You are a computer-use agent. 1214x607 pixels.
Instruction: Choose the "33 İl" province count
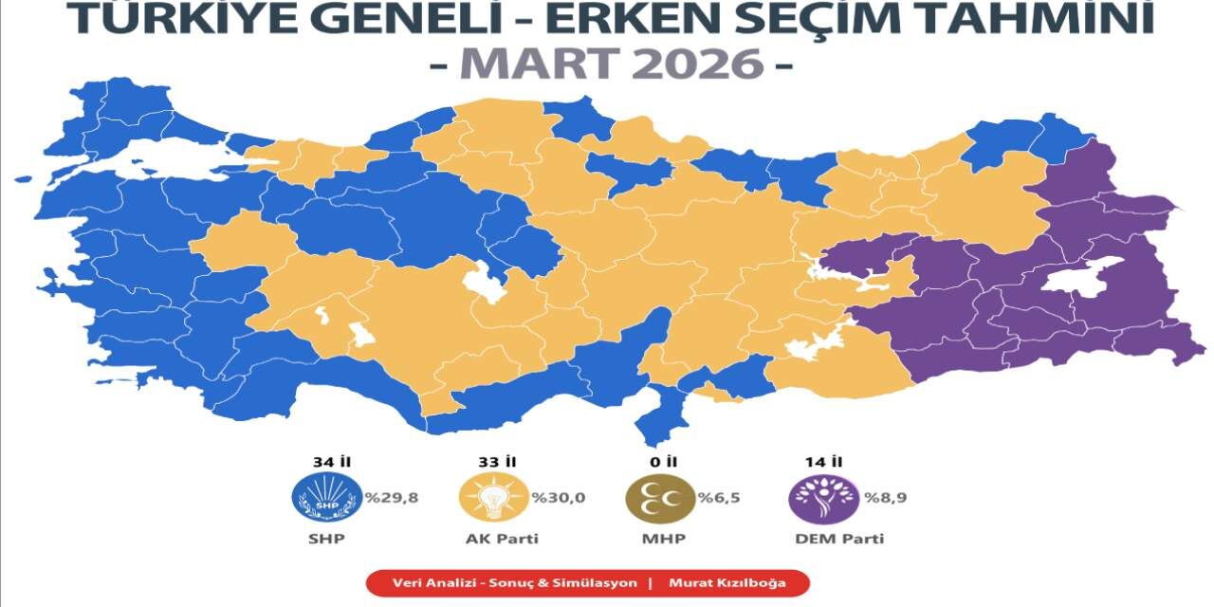[496, 462]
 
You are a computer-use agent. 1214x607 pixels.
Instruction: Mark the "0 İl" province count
[664, 462]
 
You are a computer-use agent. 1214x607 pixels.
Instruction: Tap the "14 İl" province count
[824, 462]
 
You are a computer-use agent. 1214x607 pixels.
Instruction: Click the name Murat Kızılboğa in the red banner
[727, 582]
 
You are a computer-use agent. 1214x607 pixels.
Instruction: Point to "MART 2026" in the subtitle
[611, 64]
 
